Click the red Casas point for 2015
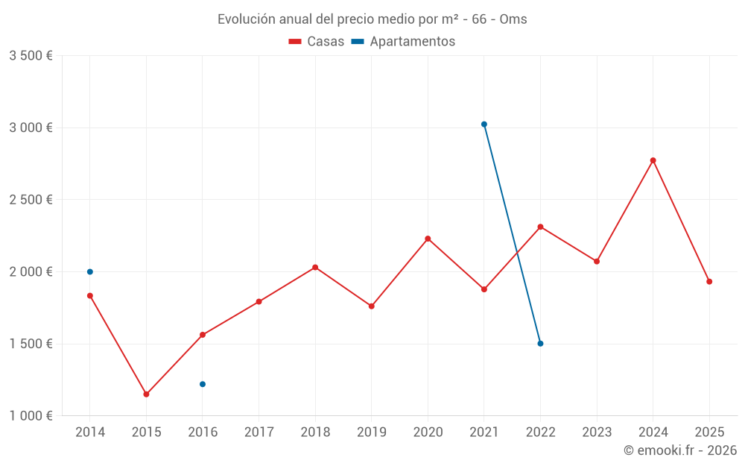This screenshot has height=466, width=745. tap(146, 394)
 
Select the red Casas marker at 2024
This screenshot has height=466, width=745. tap(653, 160)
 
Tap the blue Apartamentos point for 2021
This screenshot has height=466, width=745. tap(484, 125)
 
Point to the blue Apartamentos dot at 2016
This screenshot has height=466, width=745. tap(203, 384)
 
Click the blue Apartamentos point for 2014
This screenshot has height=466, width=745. tap(90, 271)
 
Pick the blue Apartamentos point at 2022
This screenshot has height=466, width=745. tap(540, 344)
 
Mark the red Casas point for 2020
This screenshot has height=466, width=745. tap(428, 239)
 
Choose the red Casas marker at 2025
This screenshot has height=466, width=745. tap(709, 282)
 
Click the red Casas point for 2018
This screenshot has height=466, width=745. tap(315, 267)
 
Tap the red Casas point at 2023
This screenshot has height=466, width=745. tap(597, 261)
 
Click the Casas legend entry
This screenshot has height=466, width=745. tap(317, 42)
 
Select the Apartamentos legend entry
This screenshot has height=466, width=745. tap(403, 42)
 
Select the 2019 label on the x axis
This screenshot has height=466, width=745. tap(372, 432)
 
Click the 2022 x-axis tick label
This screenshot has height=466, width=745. tap(540, 432)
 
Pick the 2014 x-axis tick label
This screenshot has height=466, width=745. tap(90, 432)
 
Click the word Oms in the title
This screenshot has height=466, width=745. tap(513, 19)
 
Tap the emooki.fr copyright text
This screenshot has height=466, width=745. tap(680, 450)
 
